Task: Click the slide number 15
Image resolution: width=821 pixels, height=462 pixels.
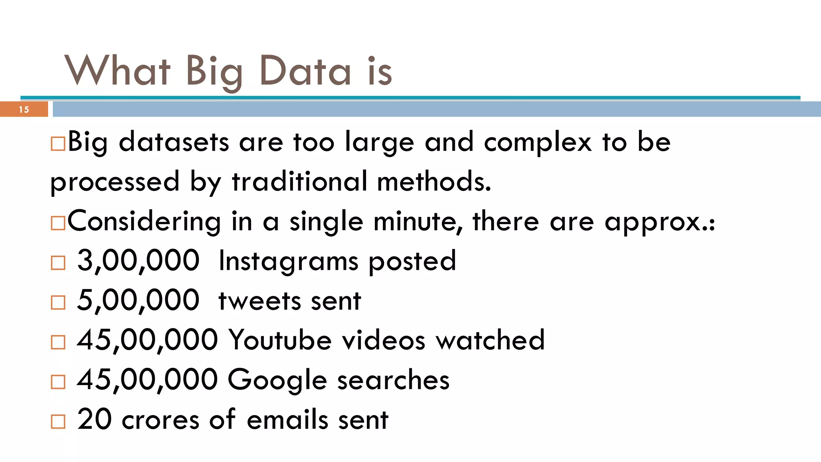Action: click(24, 109)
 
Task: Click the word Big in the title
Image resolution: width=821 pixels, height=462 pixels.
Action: click(214, 71)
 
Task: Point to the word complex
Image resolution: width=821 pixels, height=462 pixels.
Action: click(538, 143)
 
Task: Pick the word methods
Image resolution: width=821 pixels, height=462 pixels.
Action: click(434, 182)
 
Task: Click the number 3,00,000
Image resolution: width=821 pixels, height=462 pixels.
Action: click(138, 261)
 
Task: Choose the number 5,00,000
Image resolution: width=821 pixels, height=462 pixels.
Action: click(138, 300)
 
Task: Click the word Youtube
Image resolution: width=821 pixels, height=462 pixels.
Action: click(280, 340)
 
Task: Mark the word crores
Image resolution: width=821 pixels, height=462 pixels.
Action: click(160, 420)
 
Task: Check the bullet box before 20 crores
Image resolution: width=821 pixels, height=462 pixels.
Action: click(58, 421)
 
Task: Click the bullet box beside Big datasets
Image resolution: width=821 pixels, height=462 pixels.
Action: click(58, 144)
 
